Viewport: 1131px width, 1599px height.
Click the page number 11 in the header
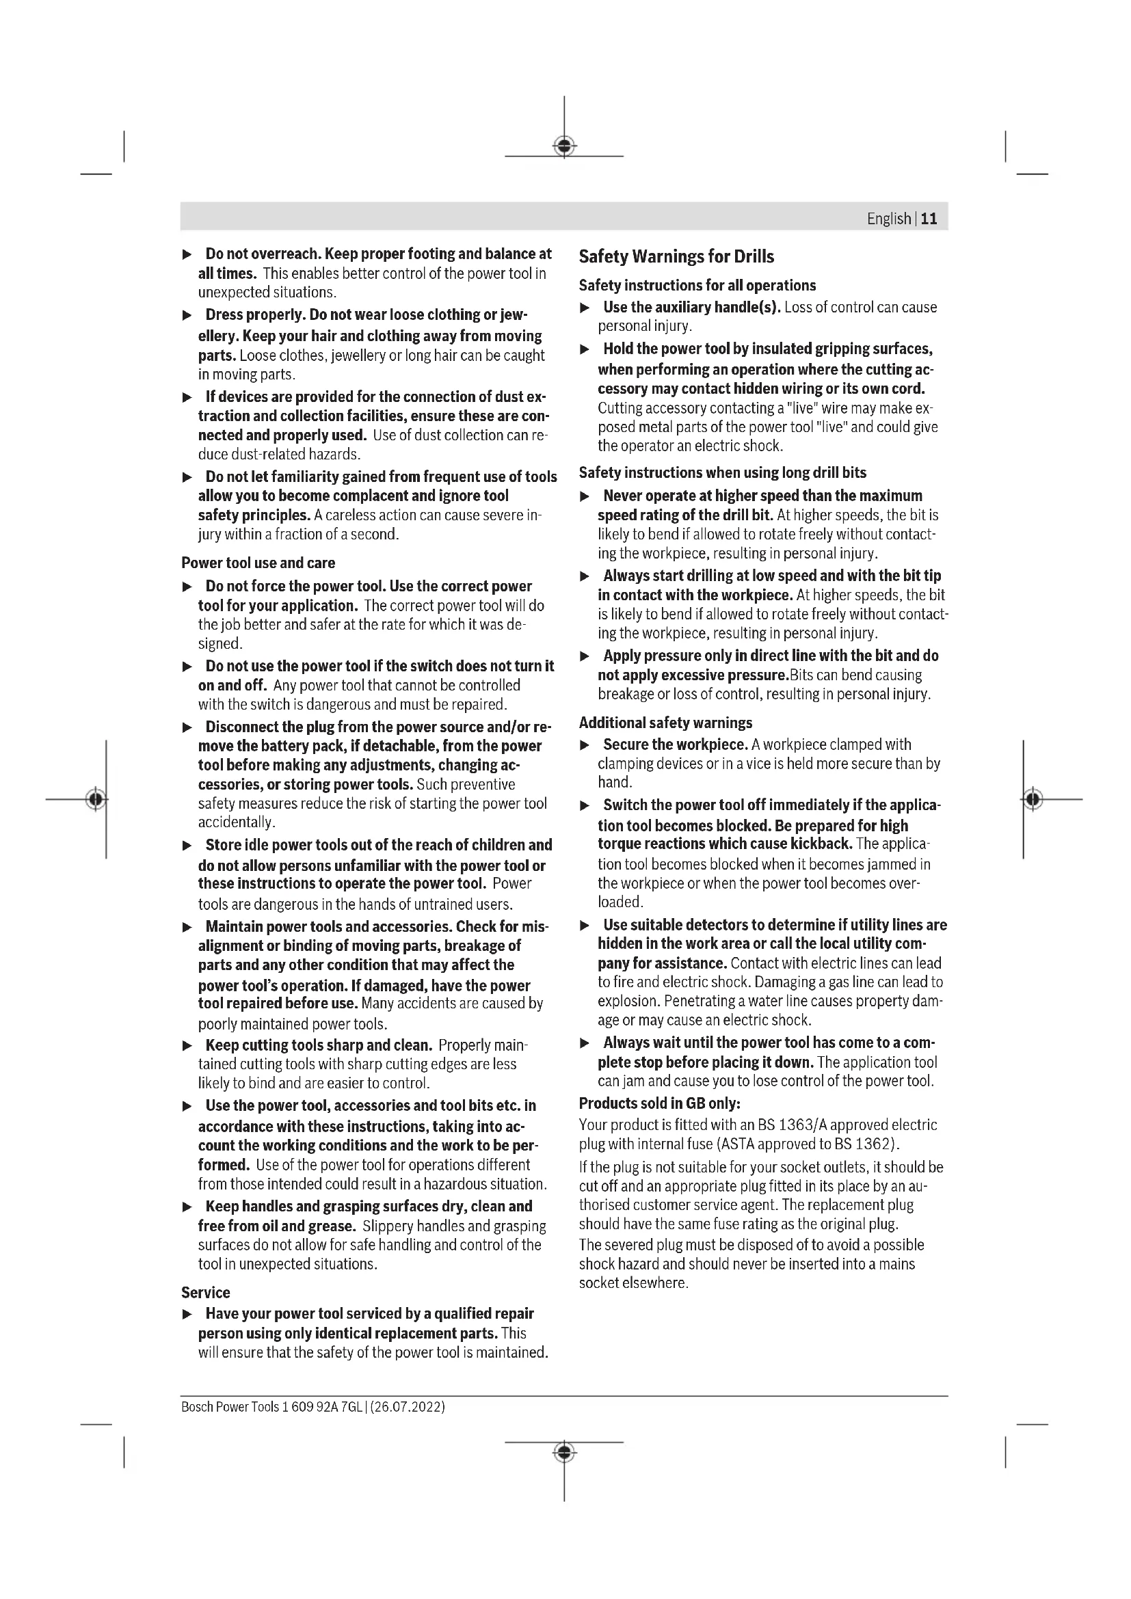(929, 219)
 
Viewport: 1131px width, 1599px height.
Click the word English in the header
(889, 219)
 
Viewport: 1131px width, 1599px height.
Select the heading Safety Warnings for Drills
(676, 256)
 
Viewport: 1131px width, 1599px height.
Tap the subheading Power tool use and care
(258, 563)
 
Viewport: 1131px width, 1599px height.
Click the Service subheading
(205, 1293)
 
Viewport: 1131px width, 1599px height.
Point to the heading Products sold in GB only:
(659, 1103)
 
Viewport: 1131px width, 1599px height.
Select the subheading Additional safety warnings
(665, 722)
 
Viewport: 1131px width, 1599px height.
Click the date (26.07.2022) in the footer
(408, 1407)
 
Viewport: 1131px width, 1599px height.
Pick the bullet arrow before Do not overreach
(187, 254)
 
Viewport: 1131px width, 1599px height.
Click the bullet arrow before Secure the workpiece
(585, 745)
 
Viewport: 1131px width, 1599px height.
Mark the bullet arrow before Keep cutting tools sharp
(187, 1045)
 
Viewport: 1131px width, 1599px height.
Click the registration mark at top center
(564, 146)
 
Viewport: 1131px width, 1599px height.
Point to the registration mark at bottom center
(564, 1452)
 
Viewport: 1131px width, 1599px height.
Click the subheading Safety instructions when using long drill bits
(722, 473)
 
